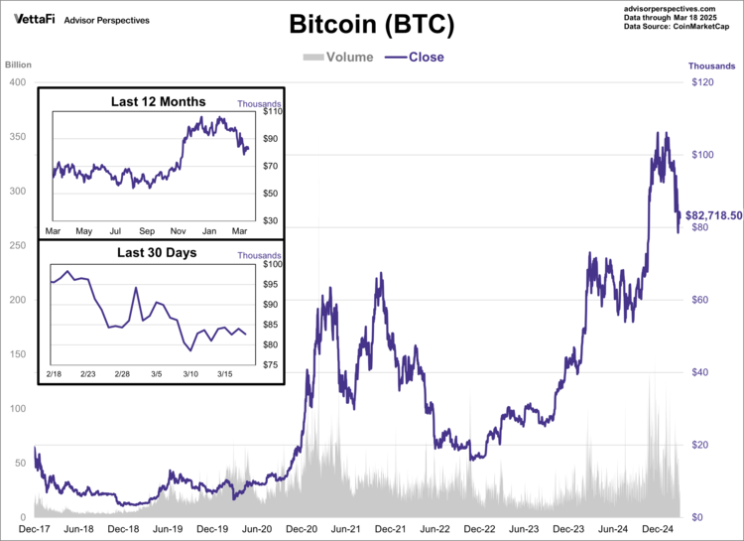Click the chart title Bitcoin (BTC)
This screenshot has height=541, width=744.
[372, 25]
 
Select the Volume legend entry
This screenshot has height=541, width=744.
[337, 57]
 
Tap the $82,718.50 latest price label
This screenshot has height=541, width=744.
[713, 215]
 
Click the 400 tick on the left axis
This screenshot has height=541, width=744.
[17, 81]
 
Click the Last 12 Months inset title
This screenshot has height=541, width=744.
[159, 101]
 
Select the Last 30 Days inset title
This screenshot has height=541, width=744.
[157, 252]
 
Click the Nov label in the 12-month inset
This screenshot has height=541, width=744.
[178, 231]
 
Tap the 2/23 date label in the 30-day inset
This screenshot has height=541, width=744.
[87, 373]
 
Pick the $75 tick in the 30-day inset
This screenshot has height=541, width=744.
[268, 364]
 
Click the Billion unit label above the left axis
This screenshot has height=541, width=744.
[19, 66]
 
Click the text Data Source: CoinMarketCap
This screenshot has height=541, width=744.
[680, 27]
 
